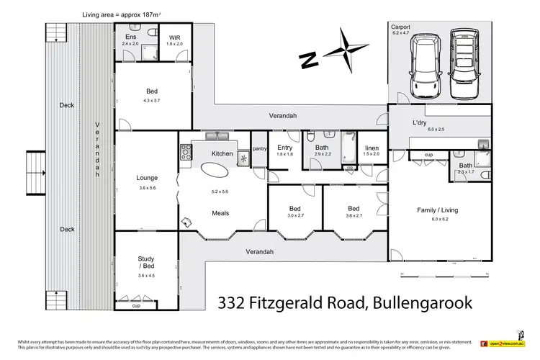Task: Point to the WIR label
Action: click(176, 37)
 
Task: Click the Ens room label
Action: click(131, 37)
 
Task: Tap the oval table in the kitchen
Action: click(214, 170)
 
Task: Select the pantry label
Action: click(259, 149)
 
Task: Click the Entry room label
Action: click(285, 147)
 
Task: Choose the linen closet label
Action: click(371, 147)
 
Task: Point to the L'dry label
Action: click(420, 122)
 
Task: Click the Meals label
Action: click(220, 212)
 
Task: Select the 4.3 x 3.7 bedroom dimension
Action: click(152, 99)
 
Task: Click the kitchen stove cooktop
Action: click(185, 151)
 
